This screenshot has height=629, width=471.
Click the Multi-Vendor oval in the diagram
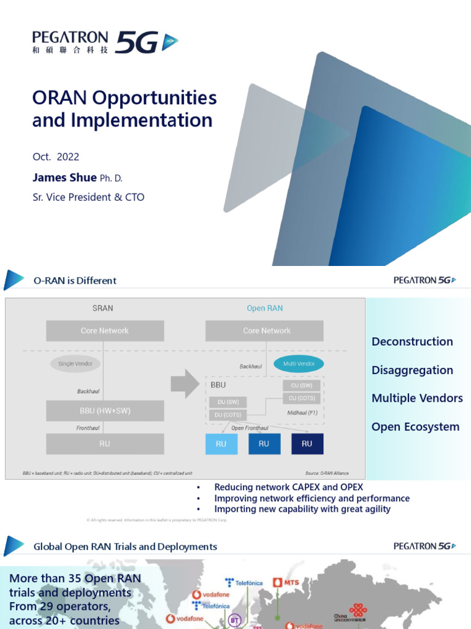click(299, 364)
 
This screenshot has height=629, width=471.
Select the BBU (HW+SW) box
click(105, 411)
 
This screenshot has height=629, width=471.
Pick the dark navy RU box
click(307, 443)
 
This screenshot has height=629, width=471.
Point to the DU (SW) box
click(227, 402)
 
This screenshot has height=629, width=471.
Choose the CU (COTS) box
click(301, 398)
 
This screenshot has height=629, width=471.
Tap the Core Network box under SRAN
click(105, 330)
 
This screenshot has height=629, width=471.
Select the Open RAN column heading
click(265, 308)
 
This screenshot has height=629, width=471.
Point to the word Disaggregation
click(412, 370)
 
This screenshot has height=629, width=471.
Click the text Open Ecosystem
click(415, 426)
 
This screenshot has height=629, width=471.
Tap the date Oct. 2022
click(56, 157)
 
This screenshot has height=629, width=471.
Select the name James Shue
click(64, 178)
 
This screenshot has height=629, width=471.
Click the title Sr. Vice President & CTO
click(88, 197)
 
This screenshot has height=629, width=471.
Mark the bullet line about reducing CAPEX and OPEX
click(288, 487)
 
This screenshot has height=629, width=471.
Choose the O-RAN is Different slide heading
click(75, 281)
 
